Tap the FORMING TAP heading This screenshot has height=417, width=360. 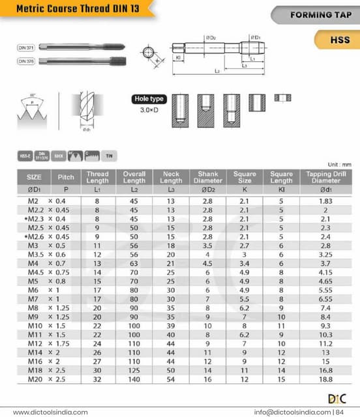321,14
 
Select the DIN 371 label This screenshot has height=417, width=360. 26,48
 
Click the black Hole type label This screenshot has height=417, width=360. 149,99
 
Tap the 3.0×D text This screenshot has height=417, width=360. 149,110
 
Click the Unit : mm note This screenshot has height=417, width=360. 339,165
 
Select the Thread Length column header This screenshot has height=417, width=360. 97,177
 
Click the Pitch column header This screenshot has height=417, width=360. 66,177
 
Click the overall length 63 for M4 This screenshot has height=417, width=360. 134,263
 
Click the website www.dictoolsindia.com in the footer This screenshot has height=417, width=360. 50,412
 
